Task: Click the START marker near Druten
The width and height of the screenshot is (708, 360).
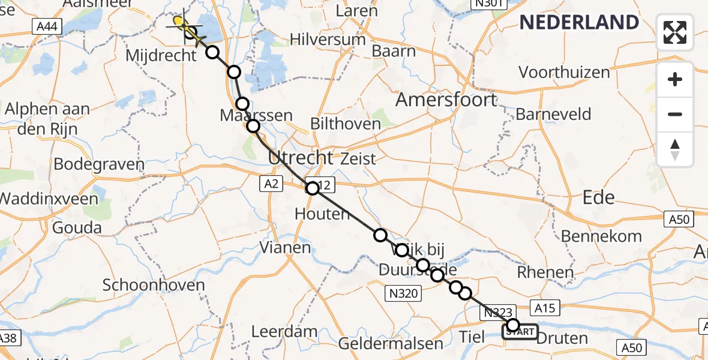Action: pos(521,332)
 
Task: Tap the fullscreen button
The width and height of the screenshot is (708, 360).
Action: pos(675,32)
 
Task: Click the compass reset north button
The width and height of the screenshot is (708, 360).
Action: pos(675,150)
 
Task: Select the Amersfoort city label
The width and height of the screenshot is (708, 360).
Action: pos(446,100)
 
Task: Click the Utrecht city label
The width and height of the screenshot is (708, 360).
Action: pos(300,158)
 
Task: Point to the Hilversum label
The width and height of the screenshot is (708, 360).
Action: pos(328,40)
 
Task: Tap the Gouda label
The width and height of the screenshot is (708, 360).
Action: pos(77,228)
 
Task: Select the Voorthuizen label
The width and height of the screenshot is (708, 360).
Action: pos(564,73)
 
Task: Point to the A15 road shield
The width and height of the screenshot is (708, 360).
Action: pos(545,308)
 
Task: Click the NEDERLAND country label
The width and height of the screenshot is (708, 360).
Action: pos(579,23)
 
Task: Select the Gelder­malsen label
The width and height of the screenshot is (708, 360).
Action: pos(391,344)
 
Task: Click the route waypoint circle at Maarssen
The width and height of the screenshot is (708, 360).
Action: pos(253,126)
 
